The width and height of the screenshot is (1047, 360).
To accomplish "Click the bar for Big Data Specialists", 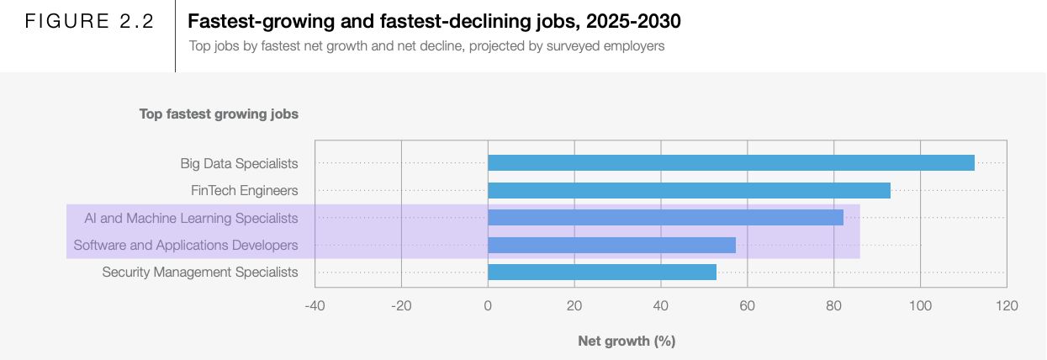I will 731,163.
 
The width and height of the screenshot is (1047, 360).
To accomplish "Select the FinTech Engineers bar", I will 689,191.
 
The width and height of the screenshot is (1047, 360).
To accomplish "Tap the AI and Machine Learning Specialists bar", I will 665,218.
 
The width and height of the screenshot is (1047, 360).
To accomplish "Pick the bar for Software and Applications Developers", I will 611,246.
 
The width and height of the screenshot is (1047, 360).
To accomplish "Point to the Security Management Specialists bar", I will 602,273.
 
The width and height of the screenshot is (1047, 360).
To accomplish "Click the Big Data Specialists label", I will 239,163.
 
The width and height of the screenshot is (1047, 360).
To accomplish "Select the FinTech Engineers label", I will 244,191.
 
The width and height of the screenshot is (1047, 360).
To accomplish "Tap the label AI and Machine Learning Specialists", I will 191,218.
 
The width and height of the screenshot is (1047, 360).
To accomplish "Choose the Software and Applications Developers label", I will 186,246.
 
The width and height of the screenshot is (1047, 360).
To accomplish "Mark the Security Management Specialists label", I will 200,273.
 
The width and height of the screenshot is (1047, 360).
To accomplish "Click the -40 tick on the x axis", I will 315,305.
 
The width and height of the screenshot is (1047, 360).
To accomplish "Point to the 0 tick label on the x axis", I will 488,305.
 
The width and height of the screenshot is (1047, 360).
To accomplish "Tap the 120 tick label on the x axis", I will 1006,305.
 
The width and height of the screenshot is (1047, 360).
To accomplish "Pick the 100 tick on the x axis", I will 920,305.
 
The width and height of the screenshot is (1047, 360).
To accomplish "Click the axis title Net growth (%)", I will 627,341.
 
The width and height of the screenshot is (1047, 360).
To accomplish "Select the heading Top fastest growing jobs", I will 219,114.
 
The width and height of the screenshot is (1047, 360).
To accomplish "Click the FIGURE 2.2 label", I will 89,22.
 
